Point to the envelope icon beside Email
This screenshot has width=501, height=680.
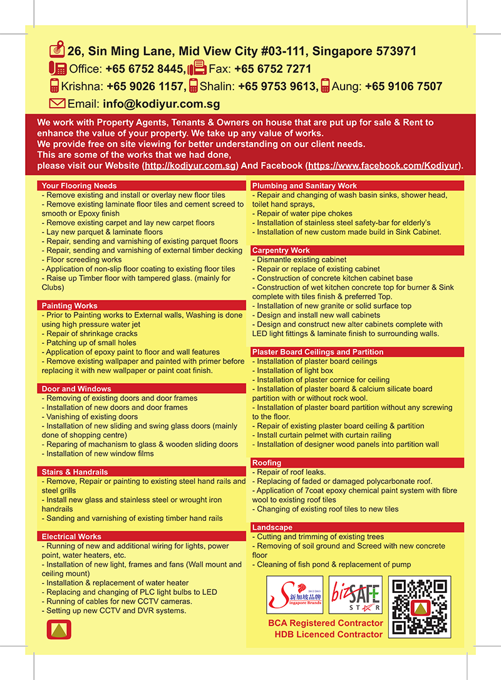[x=57, y=103]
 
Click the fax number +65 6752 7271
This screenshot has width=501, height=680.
[x=272, y=69]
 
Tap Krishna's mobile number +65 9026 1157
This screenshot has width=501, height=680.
[x=145, y=86]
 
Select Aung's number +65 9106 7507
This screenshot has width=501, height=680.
[x=403, y=86]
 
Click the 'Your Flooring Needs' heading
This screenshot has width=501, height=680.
[x=79, y=186]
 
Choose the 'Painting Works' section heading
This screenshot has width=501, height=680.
[x=70, y=306]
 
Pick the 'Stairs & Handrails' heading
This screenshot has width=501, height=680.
[x=75, y=471]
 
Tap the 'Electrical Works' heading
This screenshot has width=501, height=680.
[x=71, y=537]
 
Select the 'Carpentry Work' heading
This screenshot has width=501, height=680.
[x=281, y=250]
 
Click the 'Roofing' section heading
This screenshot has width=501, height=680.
[x=267, y=463]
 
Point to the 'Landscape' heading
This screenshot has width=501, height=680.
[x=272, y=527]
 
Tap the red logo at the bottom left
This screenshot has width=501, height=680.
[x=59, y=630]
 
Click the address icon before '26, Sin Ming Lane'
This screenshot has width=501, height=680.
[x=56, y=51]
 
